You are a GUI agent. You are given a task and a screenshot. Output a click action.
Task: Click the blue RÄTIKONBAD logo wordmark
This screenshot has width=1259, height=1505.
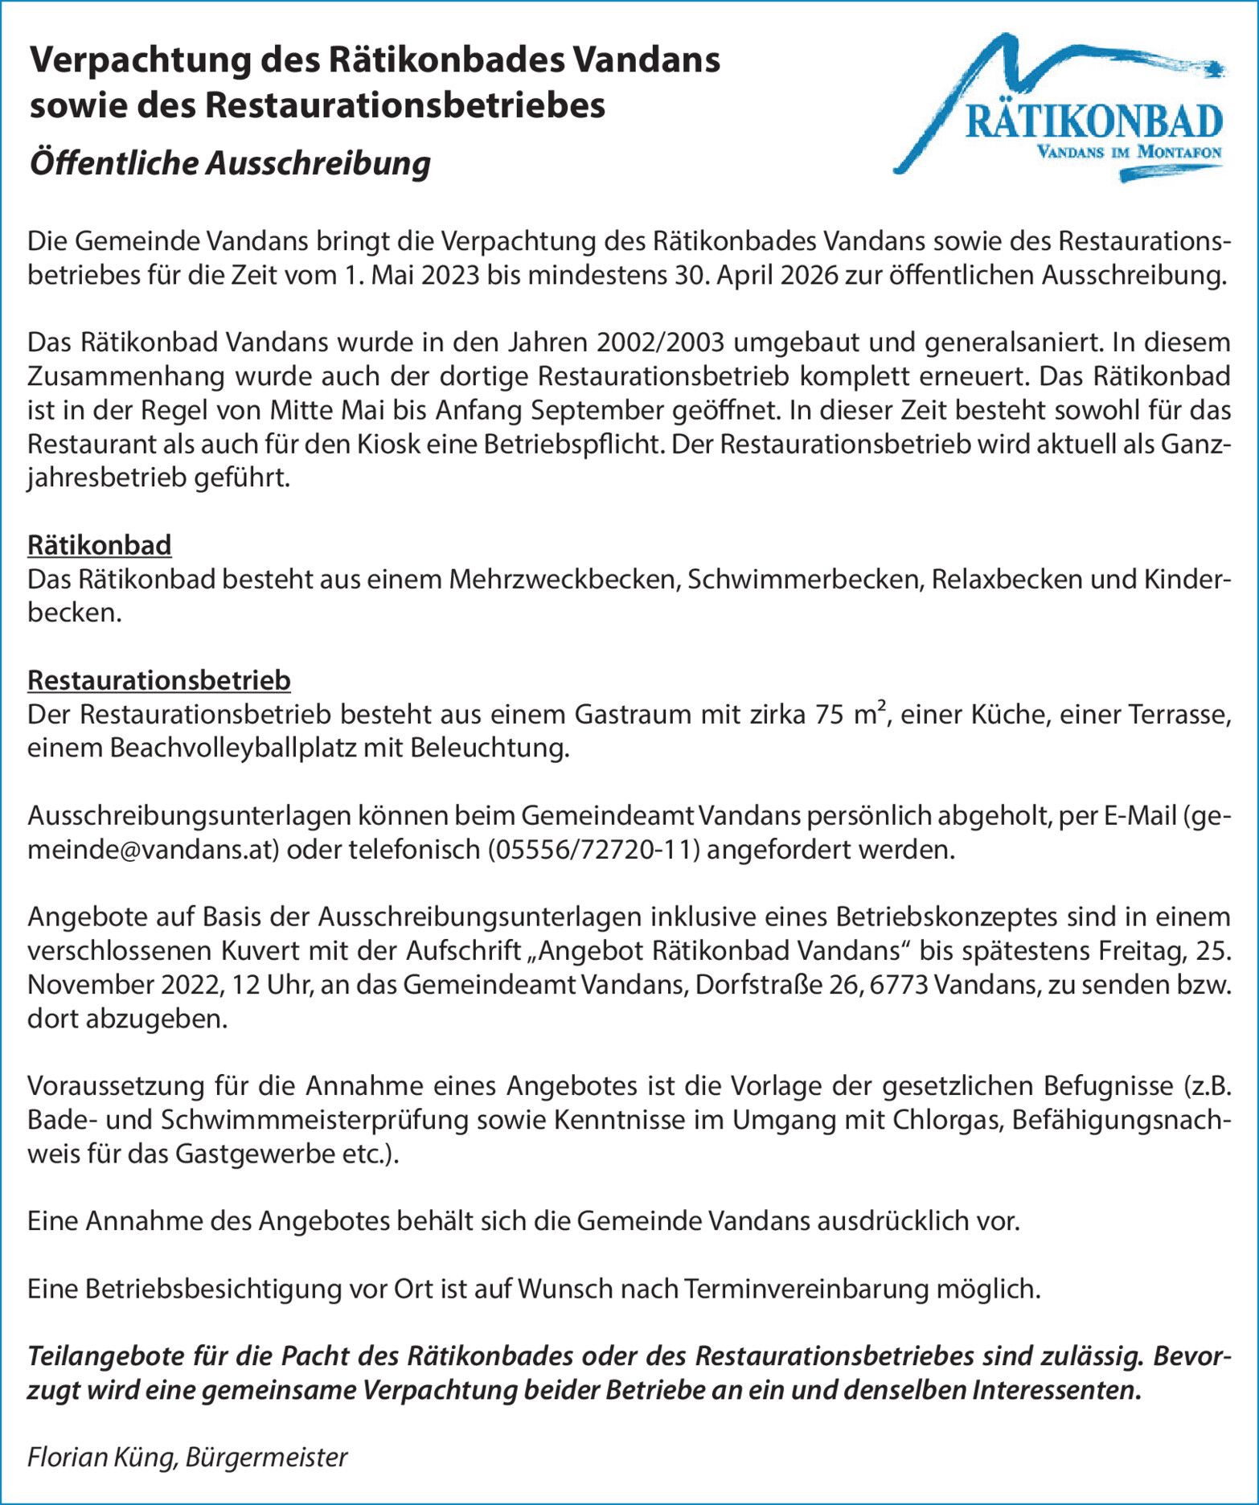[1093, 121]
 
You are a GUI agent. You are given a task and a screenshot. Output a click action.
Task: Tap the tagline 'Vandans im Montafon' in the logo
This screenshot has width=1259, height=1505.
[1129, 153]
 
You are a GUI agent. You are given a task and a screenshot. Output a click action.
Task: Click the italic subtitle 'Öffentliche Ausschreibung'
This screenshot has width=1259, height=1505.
[230, 163]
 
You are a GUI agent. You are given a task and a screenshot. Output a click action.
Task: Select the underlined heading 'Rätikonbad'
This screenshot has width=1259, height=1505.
[100, 545]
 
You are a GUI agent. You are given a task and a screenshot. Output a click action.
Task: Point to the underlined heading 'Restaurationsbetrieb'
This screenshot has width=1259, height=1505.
[159, 680]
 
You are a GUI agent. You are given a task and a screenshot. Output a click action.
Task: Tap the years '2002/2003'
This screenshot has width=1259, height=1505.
[660, 342]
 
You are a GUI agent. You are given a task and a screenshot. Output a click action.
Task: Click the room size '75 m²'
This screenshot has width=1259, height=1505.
[851, 714]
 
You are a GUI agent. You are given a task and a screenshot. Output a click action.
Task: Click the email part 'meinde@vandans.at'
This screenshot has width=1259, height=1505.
[153, 850]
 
